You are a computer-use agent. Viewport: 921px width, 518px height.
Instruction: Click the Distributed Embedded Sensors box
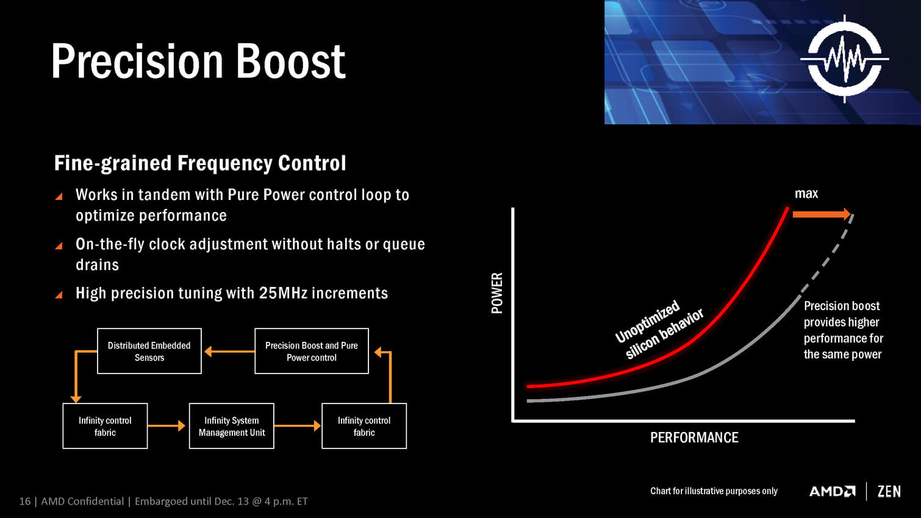149,351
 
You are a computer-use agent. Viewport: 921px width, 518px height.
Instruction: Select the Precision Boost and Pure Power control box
312,351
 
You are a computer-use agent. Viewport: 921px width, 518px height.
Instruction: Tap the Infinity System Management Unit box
232,426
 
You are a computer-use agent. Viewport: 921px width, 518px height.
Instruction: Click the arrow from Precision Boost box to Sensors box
229,352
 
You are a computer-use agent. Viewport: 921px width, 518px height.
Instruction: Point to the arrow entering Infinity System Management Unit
166,426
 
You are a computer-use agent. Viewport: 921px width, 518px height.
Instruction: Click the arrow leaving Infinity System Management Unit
297,426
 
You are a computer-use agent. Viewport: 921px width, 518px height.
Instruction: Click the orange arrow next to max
822,214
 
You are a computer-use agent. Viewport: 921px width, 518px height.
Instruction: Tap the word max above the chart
806,193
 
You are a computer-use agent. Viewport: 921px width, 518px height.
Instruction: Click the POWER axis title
497,293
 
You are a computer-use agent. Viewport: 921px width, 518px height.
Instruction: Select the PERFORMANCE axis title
694,438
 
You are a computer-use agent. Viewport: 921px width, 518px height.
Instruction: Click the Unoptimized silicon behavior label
659,330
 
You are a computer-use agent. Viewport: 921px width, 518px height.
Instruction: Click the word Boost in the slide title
291,61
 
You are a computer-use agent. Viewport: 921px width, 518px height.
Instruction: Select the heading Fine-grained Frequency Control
200,163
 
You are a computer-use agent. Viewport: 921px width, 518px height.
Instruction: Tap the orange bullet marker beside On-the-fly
59,246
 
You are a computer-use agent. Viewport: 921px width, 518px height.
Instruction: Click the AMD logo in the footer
832,491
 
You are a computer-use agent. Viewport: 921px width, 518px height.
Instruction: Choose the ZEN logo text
889,491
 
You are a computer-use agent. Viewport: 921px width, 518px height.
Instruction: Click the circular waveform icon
845,59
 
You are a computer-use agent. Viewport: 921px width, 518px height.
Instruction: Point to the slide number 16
24,501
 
